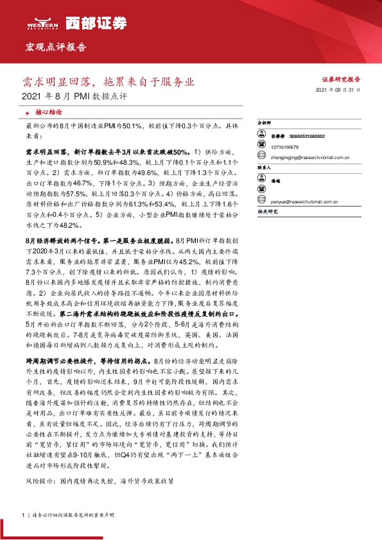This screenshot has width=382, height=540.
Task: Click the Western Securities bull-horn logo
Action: pos(39,20)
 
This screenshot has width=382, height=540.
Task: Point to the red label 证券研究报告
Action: pos(340,78)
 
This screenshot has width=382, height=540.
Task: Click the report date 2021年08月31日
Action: pos(338,92)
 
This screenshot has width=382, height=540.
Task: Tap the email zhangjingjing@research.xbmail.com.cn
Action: pos(309,156)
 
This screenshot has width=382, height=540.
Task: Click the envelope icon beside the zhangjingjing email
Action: pos(260,156)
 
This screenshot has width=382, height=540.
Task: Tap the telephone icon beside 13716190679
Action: pos(260,146)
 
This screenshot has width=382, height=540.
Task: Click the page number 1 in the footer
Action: pos(22,515)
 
